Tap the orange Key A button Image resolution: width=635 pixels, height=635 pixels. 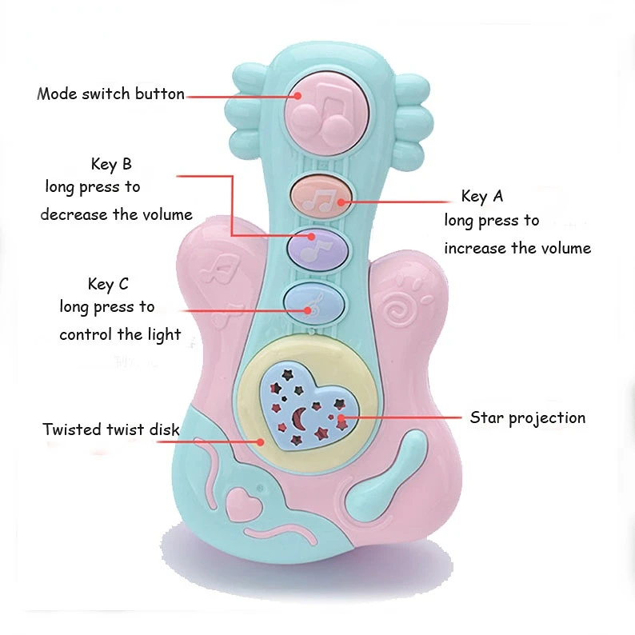tap(321, 196)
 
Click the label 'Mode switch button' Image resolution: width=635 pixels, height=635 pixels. tap(110, 94)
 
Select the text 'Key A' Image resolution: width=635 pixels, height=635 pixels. tap(482, 196)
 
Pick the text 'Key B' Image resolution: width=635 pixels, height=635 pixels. tap(111, 165)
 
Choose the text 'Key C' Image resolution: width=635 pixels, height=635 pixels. tap(108, 284)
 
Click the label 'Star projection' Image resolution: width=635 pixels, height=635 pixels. tap(527, 417)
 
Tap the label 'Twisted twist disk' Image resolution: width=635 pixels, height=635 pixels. tap(111, 429)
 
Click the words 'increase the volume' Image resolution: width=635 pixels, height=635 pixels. tap(517, 248)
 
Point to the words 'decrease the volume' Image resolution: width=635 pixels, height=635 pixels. tap(117, 214)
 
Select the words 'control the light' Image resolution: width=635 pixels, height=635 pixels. tap(120, 334)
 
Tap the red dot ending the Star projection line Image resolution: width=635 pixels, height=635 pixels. tap(342, 417)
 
